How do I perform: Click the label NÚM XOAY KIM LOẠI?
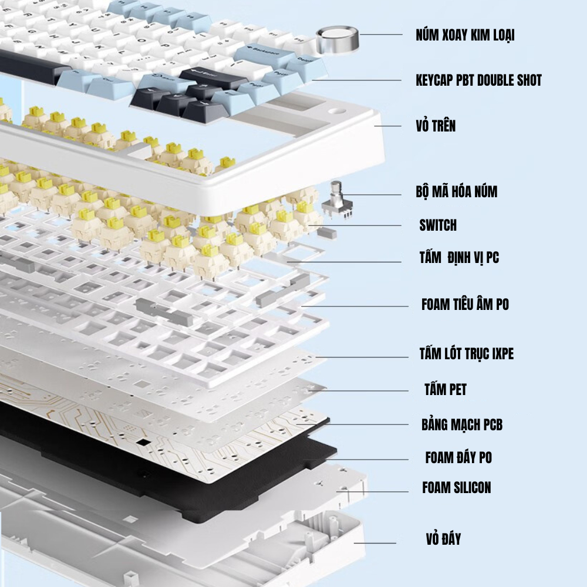coord(465,35)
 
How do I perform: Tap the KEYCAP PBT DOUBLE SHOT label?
coord(478,80)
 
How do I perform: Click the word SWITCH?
coord(437,225)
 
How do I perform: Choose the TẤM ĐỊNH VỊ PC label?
coord(459,257)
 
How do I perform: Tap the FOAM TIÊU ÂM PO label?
coord(465,304)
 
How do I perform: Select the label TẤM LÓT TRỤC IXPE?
coord(466,354)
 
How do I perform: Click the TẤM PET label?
coord(445,389)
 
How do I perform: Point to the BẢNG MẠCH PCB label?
coord(461,424)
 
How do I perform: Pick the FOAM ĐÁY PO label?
coord(458,457)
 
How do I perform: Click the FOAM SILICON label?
coord(456,487)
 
